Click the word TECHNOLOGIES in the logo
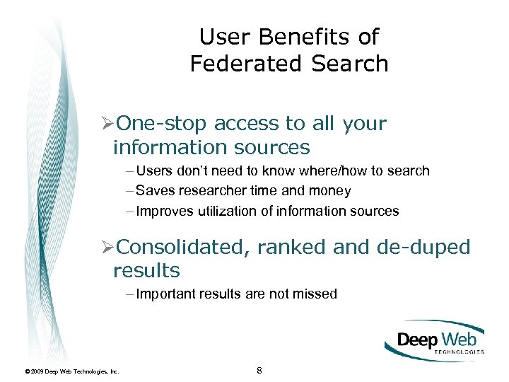point(458,351)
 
